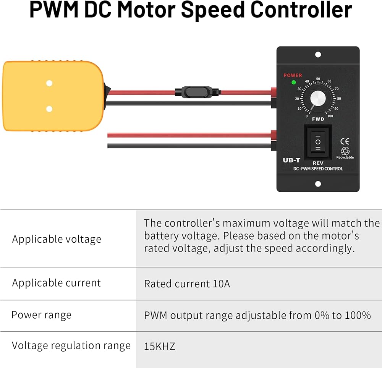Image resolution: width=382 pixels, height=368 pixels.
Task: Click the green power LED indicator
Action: [293, 82]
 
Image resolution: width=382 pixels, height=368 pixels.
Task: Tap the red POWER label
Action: [293, 75]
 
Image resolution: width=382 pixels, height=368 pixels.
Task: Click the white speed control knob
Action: [318, 99]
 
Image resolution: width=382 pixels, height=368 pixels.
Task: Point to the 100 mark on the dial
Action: [330, 116]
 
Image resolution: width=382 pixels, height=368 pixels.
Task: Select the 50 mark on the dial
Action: [318, 78]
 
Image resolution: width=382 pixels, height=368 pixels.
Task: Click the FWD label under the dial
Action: [318, 119]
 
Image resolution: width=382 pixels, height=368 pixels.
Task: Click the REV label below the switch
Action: [318, 163]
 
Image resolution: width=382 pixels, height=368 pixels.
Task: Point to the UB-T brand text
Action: [291, 160]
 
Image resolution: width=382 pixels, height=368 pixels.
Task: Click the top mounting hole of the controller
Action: [318, 55]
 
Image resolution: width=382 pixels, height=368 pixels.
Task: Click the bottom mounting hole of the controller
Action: [318, 184]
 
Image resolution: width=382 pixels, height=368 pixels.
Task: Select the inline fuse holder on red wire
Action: [195, 92]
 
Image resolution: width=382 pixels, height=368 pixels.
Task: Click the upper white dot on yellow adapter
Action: [49, 83]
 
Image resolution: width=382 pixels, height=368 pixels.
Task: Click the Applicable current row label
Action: [57, 283]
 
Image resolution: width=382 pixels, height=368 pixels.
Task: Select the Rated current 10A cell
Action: [187, 284]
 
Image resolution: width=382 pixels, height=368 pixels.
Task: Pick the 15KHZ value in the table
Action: [159, 347]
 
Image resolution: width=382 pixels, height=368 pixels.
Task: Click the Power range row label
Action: [41, 315]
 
